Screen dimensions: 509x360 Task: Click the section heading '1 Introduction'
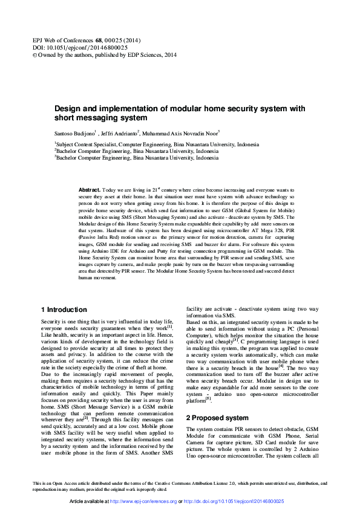coord(65,309)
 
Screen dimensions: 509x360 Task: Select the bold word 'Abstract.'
coord(90,190)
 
